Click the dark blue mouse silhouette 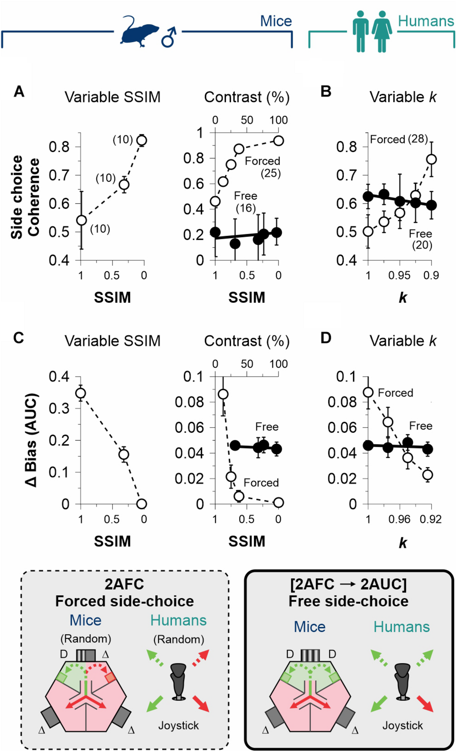click(139, 32)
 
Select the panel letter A click(19, 91)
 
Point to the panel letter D click(326, 338)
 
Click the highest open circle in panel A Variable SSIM click(142, 140)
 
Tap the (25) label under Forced click(271, 173)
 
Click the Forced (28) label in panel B click(398, 139)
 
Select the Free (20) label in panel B click(421, 239)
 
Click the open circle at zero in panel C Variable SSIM click(141, 504)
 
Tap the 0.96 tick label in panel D click(399, 519)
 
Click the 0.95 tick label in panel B click(399, 275)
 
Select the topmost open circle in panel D click(368, 392)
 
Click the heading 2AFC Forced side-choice click(125, 593)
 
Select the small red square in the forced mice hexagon click(110, 678)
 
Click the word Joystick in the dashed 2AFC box click(179, 726)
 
